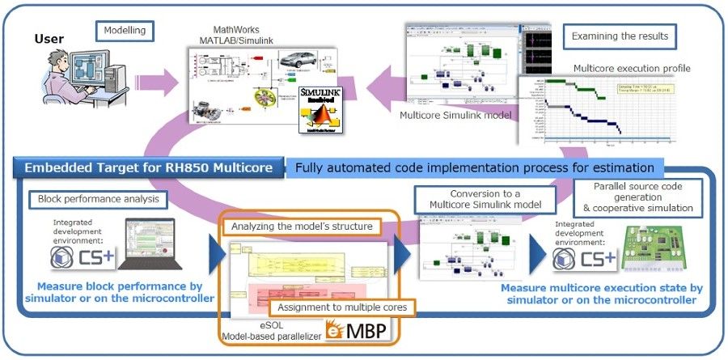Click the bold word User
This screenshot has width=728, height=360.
(x=49, y=38)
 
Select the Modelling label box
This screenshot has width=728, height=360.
(x=124, y=32)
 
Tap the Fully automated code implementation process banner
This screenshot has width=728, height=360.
(x=474, y=168)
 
